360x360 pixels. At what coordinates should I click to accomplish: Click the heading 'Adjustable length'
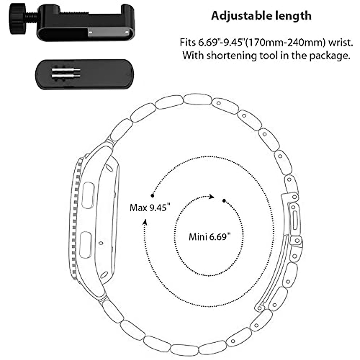(x=261, y=16)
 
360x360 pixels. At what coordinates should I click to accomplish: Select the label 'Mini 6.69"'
(x=210, y=237)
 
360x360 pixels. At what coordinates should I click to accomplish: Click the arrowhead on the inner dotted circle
(x=212, y=197)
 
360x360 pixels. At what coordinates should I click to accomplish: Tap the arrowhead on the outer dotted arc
(x=145, y=222)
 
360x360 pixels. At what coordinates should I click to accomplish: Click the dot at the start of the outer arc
(x=152, y=196)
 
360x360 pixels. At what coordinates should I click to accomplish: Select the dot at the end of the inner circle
(x=224, y=200)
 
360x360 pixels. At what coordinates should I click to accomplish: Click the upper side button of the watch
(x=88, y=195)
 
